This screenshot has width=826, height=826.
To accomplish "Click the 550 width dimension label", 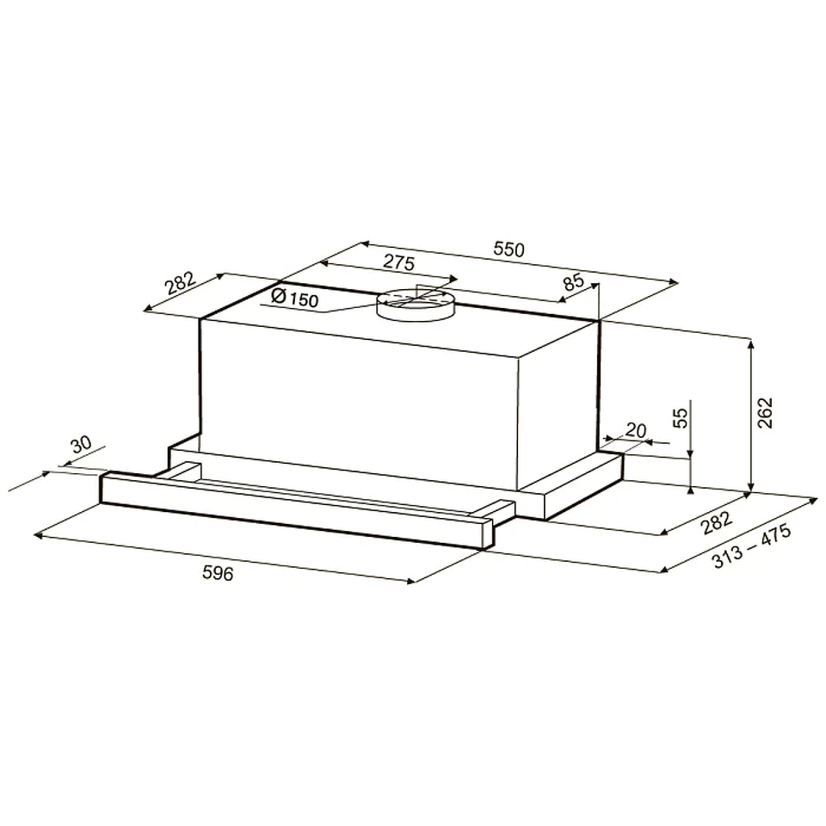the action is (x=509, y=249).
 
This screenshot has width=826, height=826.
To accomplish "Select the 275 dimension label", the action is (x=398, y=262).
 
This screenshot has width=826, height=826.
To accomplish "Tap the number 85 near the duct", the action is (x=574, y=282).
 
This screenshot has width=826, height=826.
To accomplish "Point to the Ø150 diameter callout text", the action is (x=294, y=299).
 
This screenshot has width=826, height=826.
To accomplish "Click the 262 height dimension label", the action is (x=764, y=412).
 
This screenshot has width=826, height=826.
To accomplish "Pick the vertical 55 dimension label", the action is (x=681, y=418).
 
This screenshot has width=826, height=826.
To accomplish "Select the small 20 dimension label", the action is (x=635, y=430).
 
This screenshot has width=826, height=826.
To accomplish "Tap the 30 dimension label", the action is (x=81, y=444).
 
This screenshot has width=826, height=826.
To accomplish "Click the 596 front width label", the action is (x=218, y=573).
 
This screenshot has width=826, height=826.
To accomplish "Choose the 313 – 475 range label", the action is (x=752, y=546).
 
